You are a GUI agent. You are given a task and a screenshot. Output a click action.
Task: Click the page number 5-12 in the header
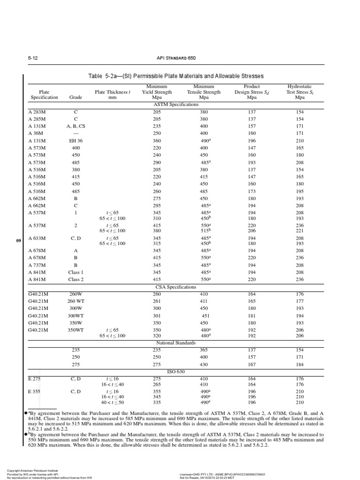click(32, 58)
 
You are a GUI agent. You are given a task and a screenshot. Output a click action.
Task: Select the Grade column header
click(75, 97)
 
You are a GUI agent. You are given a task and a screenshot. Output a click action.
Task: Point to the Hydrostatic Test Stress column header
click(300, 92)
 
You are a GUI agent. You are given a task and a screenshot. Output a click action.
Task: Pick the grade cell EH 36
click(75, 140)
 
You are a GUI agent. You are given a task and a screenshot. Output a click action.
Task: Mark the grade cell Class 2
click(75, 279)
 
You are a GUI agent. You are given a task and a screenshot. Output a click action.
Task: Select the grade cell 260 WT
click(75, 300)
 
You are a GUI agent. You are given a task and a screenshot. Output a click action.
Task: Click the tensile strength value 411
click(204, 300)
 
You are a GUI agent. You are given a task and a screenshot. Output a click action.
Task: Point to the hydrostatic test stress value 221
click(300, 231)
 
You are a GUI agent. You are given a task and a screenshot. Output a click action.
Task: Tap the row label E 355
click(35, 391)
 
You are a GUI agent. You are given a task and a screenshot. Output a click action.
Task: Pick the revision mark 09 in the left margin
click(19, 241)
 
